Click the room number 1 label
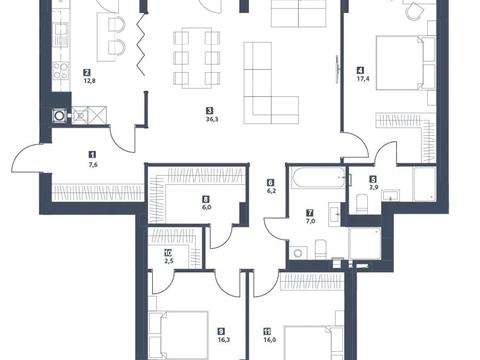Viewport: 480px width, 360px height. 92,155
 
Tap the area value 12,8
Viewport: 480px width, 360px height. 87,82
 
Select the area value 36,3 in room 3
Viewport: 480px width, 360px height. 208,121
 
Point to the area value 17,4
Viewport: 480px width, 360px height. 359,77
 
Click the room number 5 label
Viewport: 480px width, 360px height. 372,177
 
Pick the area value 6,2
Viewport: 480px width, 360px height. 270,191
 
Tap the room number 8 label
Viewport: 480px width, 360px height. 205,199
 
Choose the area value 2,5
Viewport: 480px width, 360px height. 168,262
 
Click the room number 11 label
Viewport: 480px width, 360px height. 266,331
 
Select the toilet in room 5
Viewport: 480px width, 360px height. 363,203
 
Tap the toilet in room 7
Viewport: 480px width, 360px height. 321,250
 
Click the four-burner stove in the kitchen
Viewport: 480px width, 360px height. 60,70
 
